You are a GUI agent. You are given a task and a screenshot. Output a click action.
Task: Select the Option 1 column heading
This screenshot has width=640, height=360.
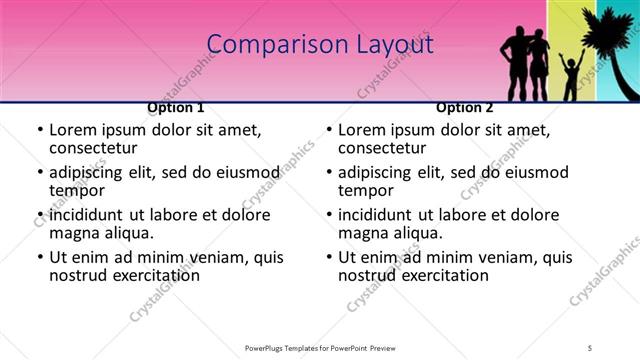(176, 107)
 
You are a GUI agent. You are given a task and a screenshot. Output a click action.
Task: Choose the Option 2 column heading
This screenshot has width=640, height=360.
(465, 107)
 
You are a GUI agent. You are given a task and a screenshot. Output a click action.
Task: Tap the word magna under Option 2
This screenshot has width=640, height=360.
(363, 234)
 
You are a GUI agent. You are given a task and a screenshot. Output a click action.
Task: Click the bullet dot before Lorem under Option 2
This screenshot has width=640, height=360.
(329, 130)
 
